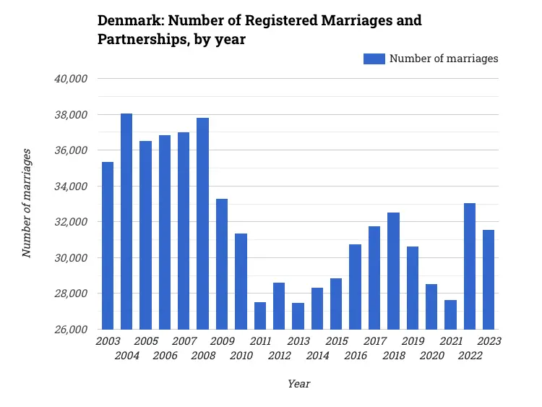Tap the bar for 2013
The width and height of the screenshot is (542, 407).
coord(298,316)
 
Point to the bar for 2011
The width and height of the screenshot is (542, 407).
coord(260,315)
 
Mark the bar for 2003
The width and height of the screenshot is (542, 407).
coord(108,246)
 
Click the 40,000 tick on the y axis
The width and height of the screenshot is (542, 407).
coord(72,79)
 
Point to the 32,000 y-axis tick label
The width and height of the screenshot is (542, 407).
coord(72,222)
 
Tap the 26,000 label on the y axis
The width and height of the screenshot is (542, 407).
coord(72,330)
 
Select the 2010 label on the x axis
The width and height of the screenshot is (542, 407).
coord(241,356)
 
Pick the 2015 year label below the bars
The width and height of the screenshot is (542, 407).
coord(337,340)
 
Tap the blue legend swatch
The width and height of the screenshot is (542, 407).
coord(374,59)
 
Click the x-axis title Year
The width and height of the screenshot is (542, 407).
coord(298,384)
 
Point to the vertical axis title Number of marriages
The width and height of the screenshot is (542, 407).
coord(27,203)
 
